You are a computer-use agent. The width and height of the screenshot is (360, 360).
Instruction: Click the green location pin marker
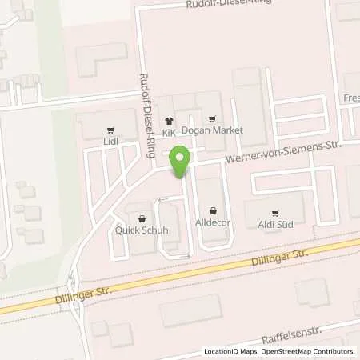point(182,162)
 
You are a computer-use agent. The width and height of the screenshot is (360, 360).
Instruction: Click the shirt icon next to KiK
point(168,118)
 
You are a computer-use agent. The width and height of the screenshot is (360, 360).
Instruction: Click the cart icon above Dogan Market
point(211,118)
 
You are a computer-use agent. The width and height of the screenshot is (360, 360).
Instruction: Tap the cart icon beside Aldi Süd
point(274,214)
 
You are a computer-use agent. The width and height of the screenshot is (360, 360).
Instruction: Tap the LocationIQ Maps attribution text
point(232,351)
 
